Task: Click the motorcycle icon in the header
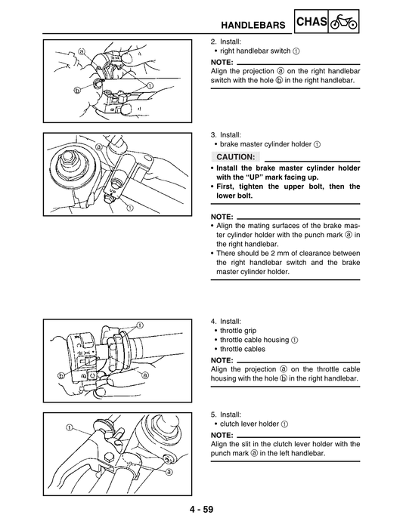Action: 346,23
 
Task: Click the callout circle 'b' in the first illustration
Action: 77,88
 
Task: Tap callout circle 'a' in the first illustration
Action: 81,51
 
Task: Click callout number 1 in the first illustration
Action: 150,85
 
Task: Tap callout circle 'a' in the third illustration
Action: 144,375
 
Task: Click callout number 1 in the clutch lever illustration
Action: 69,427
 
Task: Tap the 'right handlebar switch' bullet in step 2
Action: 254,51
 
